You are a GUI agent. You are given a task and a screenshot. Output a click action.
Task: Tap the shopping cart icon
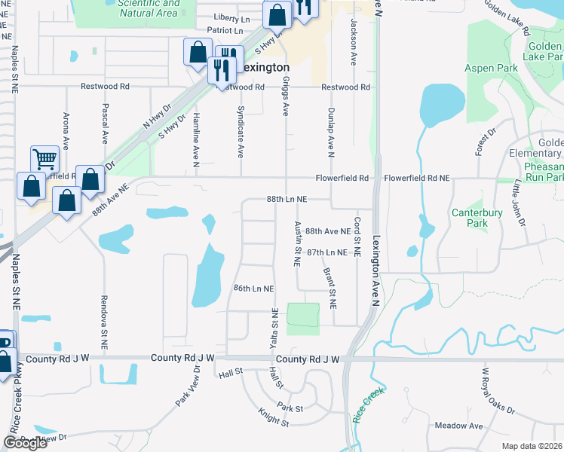(x=45, y=160)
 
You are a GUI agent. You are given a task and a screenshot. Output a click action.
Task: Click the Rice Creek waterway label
(x=367, y=405)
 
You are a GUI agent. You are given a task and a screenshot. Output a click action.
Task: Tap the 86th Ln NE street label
(x=253, y=289)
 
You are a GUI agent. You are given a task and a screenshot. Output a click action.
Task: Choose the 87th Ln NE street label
(x=326, y=252)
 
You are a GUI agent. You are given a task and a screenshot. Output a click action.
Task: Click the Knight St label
(x=273, y=418)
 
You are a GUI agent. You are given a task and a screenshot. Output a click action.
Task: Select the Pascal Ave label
(x=105, y=122)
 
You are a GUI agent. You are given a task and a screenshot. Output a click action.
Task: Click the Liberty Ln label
(x=231, y=17)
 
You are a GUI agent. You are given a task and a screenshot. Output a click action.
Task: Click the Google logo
(x=25, y=443)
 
